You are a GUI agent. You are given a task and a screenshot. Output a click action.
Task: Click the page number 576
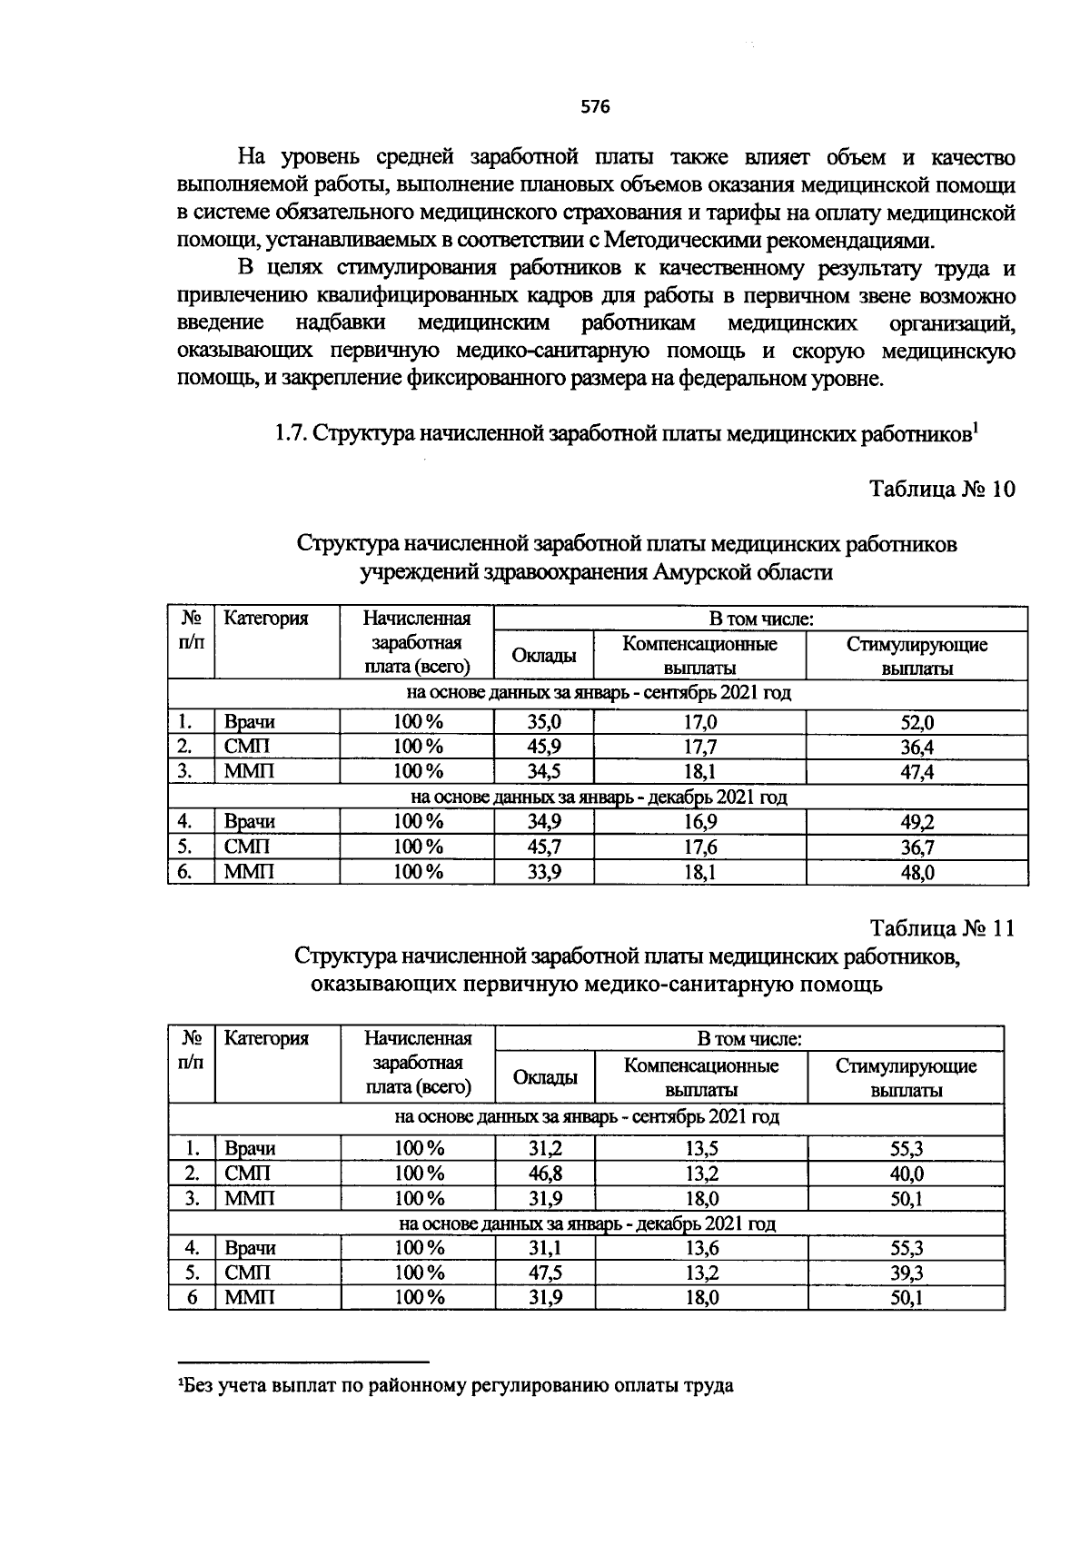(595, 107)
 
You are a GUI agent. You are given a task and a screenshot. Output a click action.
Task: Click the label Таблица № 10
(941, 490)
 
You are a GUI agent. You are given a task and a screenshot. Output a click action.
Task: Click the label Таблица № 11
(941, 928)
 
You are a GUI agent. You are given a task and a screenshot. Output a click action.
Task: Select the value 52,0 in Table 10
(917, 723)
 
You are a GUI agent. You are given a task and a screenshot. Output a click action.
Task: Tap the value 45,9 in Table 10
(544, 748)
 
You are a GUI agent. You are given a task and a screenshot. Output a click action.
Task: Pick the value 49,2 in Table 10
(917, 822)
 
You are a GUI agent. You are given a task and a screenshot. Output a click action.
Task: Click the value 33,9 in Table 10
(544, 873)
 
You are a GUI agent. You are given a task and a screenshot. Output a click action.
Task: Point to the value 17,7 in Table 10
(699, 748)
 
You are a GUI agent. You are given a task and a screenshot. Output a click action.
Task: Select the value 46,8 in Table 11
(545, 1174)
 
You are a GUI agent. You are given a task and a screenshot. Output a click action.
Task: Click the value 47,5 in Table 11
(545, 1273)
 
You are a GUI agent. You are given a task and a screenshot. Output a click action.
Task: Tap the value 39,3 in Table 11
(907, 1273)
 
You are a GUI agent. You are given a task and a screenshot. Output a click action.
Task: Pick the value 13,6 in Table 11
(701, 1248)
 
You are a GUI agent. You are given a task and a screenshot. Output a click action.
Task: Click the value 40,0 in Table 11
(907, 1174)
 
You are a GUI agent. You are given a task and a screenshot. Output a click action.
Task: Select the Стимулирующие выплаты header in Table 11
(906, 1077)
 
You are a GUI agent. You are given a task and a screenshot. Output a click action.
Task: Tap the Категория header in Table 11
(266, 1038)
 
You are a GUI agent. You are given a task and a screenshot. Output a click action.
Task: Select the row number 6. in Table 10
(185, 873)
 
